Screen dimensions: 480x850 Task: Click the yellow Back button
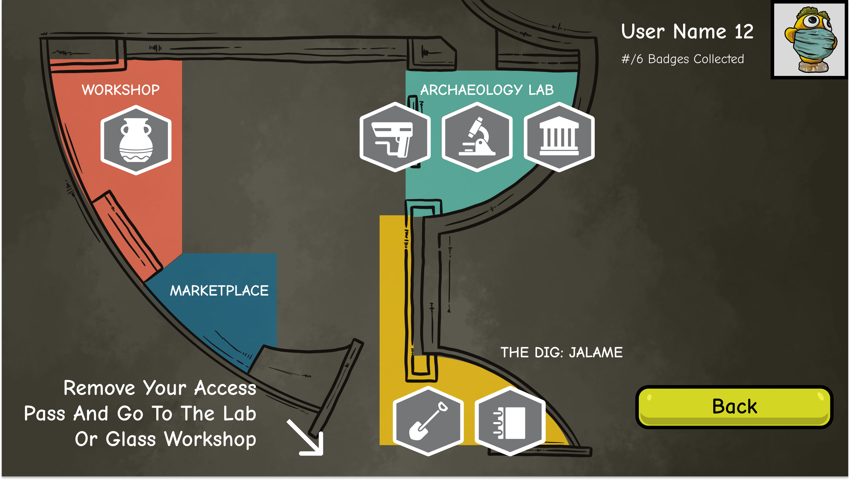(x=734, y=407)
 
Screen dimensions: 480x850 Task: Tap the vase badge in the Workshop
(x=136, y=140)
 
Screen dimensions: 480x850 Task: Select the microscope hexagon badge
(x=477, y=137)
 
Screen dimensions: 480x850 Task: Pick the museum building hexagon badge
(x=559, y=137)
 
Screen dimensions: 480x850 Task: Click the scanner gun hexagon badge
(x=395, y=137)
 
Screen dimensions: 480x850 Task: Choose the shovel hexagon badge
(x=428, y=421)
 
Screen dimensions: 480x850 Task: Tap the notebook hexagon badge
(x=510, y=421)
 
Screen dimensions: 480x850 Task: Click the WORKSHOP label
(x=121, y=90)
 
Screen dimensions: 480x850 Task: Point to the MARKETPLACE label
(x=219, y=291)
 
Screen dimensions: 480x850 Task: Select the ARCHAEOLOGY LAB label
(x=487, y=90)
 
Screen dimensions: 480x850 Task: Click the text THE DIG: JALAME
(x=561, y=352)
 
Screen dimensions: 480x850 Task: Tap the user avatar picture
(x=810, y=40)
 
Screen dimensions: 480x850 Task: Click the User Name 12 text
(x=687, y=32)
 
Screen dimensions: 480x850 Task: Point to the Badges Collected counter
(x=682, y=59)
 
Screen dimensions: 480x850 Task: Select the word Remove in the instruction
(x=99, y=388)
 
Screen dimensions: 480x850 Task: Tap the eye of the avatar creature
(x=813, y=20)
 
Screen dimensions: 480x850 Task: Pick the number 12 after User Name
(x=744, y=32)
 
